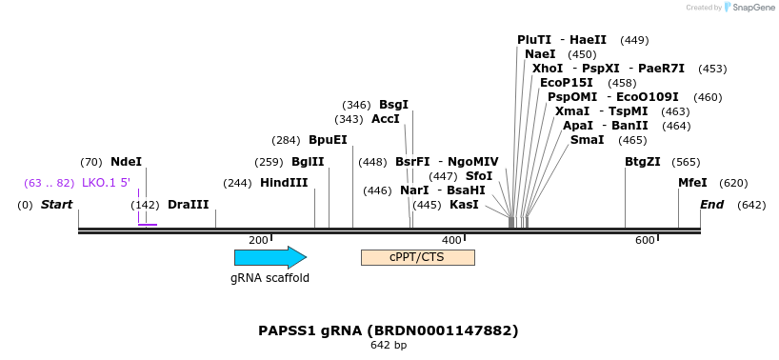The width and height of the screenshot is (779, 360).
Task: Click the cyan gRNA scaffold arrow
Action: (x=270, y=257)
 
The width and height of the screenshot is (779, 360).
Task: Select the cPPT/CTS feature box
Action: (x=417, y=257)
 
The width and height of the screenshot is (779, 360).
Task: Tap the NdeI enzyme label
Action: (x=126, y=162)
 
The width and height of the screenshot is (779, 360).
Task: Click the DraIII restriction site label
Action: (x=188, y=205)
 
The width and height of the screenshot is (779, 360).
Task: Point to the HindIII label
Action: (x=284, y=183)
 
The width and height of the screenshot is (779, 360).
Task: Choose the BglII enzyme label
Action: (x=308, y=162)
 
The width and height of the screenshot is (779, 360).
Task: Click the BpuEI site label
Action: (x=328, y=140)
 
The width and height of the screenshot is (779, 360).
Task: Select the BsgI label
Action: (x=393, y=105)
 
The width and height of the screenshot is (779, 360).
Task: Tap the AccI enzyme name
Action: (x=386, y=119)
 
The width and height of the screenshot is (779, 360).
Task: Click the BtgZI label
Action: (x=642, y=162)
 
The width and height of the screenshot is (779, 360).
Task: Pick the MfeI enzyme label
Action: (x=692, y=183)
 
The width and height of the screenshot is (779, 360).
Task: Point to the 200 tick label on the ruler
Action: (x=258, y=240)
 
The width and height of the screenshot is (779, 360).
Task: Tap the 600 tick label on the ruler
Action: (x=645, y=240)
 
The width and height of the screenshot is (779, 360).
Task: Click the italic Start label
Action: (x=56, y=205)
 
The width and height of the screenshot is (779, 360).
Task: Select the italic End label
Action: (x=711, y=205)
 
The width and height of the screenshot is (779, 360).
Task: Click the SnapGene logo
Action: (x=749, y=8)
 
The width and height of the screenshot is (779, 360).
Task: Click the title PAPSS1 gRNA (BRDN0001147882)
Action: (x=389, y=330)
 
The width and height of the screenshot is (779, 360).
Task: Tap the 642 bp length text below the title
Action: (x=389, y=345)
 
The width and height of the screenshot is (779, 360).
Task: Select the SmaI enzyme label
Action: (x=587, y=140)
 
